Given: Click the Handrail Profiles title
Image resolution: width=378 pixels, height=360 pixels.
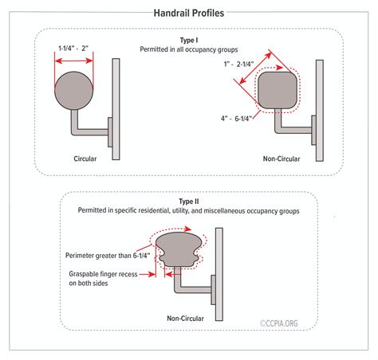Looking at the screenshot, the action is coord(189,13).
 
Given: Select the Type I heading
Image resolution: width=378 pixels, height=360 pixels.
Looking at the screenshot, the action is coord(189,41).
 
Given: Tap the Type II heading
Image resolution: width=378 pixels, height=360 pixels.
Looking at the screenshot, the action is coord(189,202).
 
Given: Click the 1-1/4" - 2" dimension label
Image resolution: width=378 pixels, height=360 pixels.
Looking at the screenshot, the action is coord(73,49).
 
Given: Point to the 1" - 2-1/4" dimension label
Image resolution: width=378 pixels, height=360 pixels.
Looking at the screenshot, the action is coord(238,64).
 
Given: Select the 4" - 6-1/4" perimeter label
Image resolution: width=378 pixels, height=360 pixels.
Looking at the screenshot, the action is coord(236,119).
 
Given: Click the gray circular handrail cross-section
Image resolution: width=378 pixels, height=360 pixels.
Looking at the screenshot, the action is coord(74,91).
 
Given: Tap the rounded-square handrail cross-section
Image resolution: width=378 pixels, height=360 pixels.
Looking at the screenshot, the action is coord(278,90).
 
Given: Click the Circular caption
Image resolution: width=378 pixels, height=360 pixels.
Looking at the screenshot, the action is coord(85,158).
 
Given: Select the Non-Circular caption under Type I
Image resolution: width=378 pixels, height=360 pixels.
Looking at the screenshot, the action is coord(282,158).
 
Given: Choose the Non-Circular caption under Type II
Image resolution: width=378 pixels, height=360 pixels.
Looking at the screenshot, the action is coord(185,319).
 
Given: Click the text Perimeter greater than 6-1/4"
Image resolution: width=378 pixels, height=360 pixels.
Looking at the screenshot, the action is coord(108,256).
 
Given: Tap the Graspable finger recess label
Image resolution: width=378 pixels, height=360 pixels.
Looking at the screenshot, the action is coord(103,279).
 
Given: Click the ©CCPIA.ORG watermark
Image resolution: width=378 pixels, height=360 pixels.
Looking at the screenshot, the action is coord(279,323).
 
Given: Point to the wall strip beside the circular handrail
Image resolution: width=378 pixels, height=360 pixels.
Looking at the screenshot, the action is coord(116,109).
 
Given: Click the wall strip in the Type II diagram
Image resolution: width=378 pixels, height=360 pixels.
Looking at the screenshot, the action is coord(219,274).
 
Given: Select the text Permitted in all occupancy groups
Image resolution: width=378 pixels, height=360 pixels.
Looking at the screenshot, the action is coord(189,49).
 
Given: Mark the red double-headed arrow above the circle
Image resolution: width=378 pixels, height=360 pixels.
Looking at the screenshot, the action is coord(74,61).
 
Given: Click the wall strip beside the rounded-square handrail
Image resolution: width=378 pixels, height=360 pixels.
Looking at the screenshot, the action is coord(320,111).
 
